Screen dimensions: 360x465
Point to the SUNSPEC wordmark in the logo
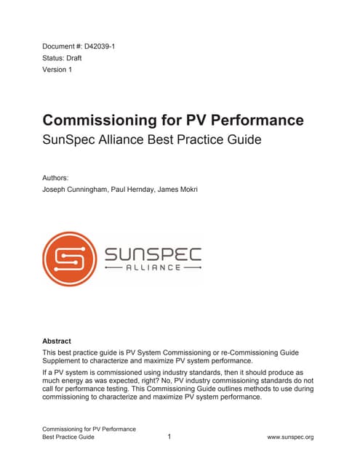pos(153,254)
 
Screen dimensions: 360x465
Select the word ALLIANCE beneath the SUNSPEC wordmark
pos(153,268)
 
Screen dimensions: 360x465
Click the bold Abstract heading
pos(57,340)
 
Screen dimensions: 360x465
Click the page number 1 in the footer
pos(169,437)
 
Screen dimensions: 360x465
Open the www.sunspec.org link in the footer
pos(290,437)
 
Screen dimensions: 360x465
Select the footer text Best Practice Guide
pos(68,437)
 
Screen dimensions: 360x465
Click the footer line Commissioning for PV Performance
pos(89,428)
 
